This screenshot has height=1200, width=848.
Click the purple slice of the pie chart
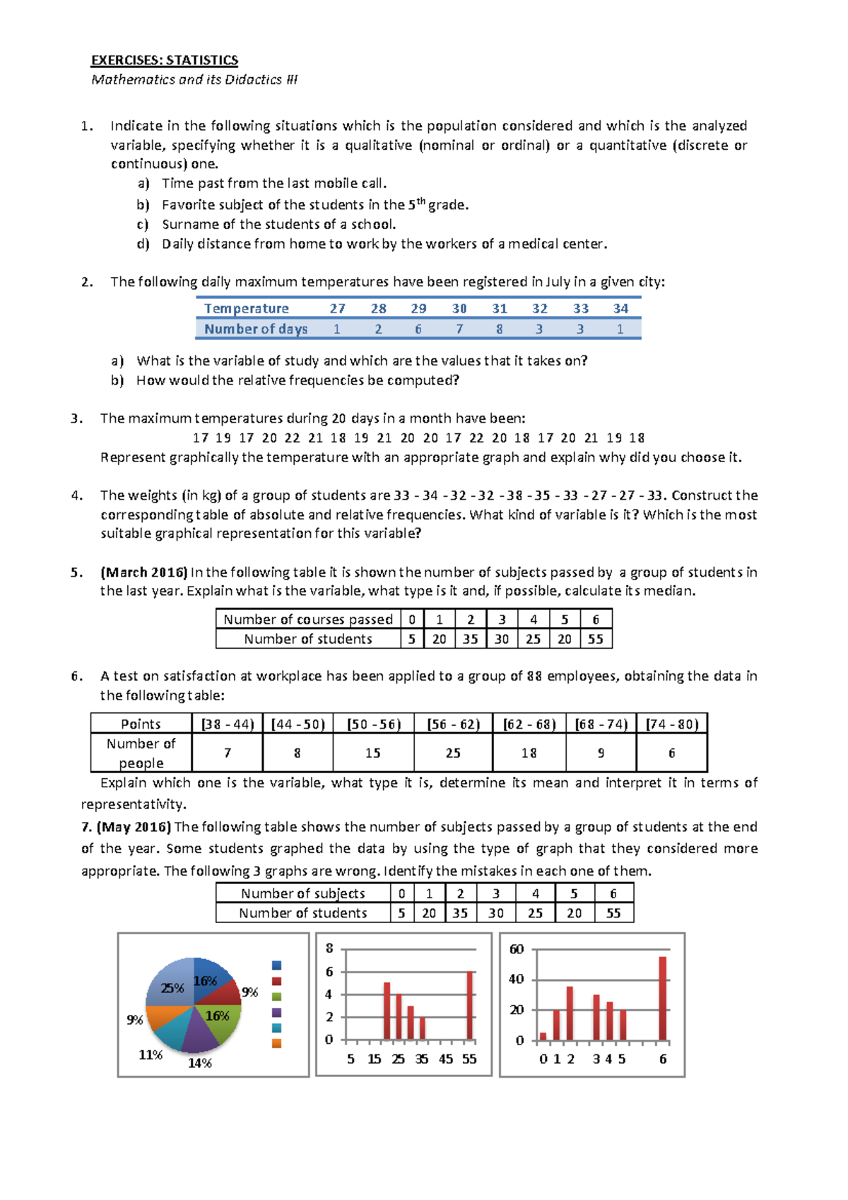pyautogui.click(x=200, y=1035)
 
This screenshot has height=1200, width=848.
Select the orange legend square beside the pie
pyautogui.click(x=276, y=1043)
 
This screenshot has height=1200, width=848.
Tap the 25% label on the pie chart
pyautogui.click(x=172, y=988)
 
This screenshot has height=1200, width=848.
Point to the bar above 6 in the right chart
pyautogui.click(x=663, y=998)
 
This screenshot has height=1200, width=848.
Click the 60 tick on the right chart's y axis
pyautogui.click(x=517, y=949)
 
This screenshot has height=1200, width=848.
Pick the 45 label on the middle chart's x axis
pyautogui.click(x=446, y=1059)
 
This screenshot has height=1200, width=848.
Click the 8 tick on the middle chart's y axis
pyautogui.click(x=329, y=948)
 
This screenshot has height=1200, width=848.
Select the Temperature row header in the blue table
pyautogui.click(x=246, y=309)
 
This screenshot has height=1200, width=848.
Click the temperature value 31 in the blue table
pyautogui.click(x=500, y=309)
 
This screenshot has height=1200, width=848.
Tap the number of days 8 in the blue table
pyautogui.click(x=500, y=329)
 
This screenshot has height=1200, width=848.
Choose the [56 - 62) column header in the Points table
pyautogui.click(x=453, y=724)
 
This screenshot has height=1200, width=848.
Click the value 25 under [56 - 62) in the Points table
pyautogui.click(x=453, y=753)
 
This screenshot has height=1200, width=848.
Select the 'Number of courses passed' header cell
pyautogui.click(x=308, y=620)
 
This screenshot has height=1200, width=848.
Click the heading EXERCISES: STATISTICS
pyautogui.click(x=165, y=60)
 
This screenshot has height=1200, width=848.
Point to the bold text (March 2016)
pyautogui.click(x=144, y=572)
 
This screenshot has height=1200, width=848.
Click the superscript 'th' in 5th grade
pyautogui.click(x=420, y=201)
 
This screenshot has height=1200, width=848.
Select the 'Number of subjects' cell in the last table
pyautogui.click(x=302, y=894)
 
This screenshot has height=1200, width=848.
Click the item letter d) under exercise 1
pyautogui.click(x=143, y=244)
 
